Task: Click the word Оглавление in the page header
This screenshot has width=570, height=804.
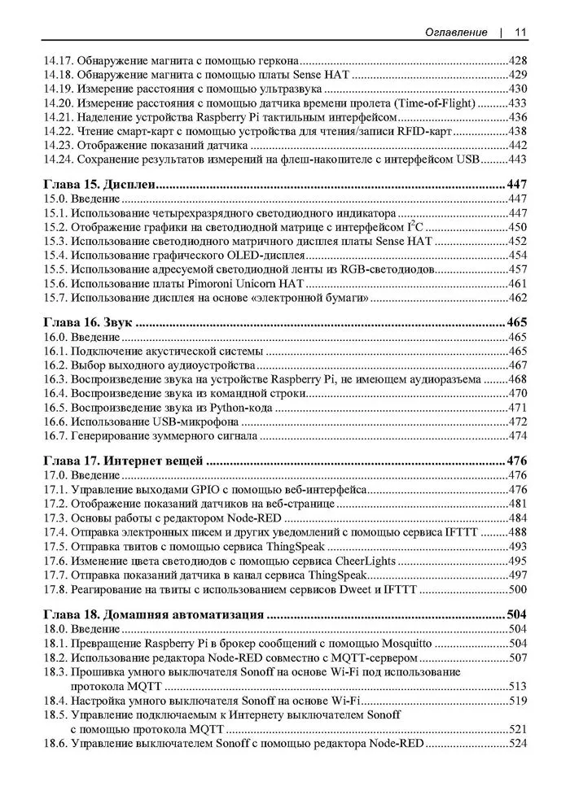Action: pos(456,32)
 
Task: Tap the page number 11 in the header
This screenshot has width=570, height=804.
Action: pos(520,32)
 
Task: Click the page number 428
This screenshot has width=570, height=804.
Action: pos(517,59)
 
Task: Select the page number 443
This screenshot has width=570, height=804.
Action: pos(517,159)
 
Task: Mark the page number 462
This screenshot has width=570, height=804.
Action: pos(517,298)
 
